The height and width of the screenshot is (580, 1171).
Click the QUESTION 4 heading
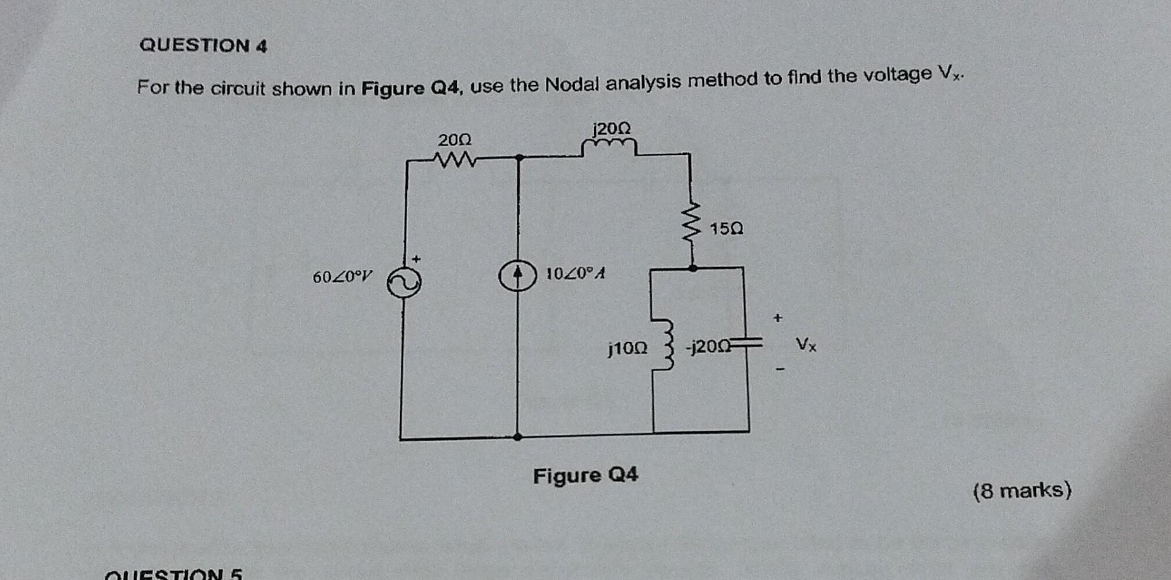tap(203, 46)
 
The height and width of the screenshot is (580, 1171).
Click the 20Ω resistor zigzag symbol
tap(455, 160)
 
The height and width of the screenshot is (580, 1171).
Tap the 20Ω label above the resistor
tap(455, 140)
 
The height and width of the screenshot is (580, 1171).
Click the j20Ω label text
tap(611, 129)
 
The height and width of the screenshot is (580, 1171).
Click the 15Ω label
tap(726, 230)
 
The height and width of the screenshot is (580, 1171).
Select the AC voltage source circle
tap(404, 283)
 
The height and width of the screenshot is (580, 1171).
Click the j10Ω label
tap(627, 349)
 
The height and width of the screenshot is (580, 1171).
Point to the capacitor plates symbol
tap(747, 342)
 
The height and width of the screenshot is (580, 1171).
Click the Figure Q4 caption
tap(585, 476)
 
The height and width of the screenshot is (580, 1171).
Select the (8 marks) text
tap(1022, 491)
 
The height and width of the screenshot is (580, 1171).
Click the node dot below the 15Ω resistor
tap(693, 268)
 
